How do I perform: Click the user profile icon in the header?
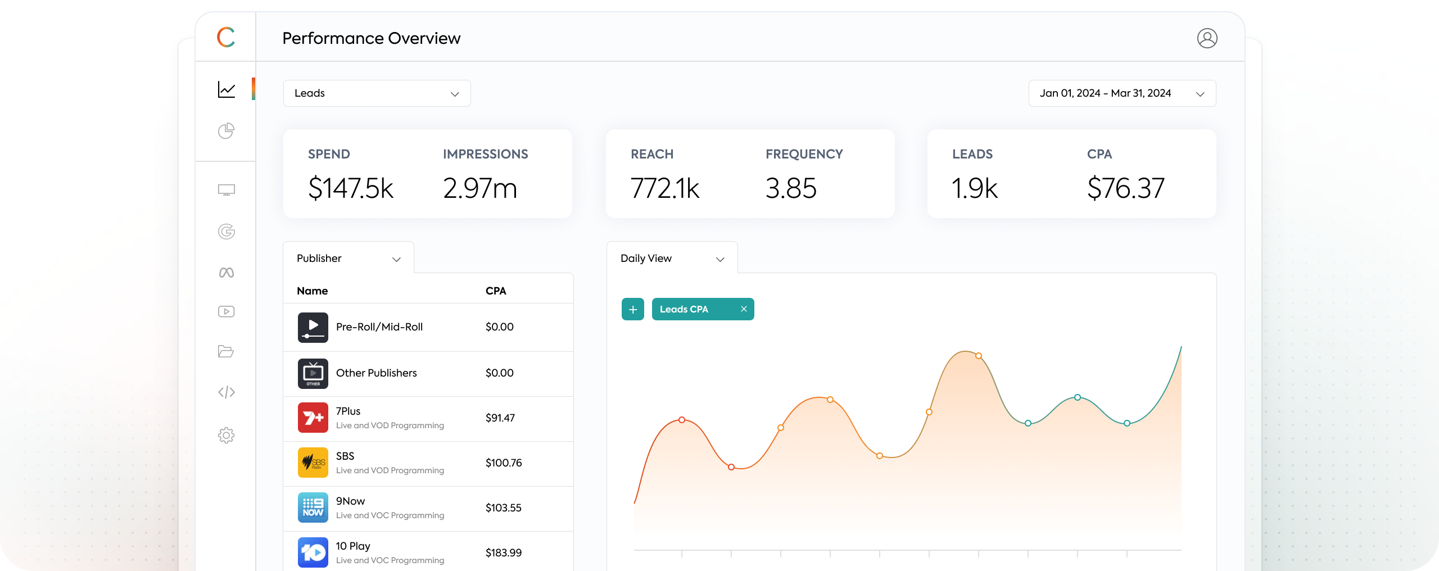pos(1207,38)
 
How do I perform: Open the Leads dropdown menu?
pos(377,93)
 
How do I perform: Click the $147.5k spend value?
pos(350,188)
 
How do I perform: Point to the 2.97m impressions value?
pos(479,188)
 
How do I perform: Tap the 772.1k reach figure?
pos(665,188)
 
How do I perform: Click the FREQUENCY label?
pos(804,154)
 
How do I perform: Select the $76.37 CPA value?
pos(1125,188)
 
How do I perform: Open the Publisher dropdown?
pos(349,259)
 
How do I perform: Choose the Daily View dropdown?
pos(672,259)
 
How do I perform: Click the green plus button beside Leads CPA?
pos(633,309)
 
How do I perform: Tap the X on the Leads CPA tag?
pos(744,309)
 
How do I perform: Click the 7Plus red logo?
pos(313,418)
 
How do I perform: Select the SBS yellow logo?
pos(313,463)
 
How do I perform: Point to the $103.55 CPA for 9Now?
pos(503,508)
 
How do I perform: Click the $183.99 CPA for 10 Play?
pos(503,553)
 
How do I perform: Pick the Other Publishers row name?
pos(376,373)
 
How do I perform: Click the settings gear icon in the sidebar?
pos(226,435)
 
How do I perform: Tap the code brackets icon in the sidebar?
pos(226,392)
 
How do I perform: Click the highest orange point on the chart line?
pos(979,356)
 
